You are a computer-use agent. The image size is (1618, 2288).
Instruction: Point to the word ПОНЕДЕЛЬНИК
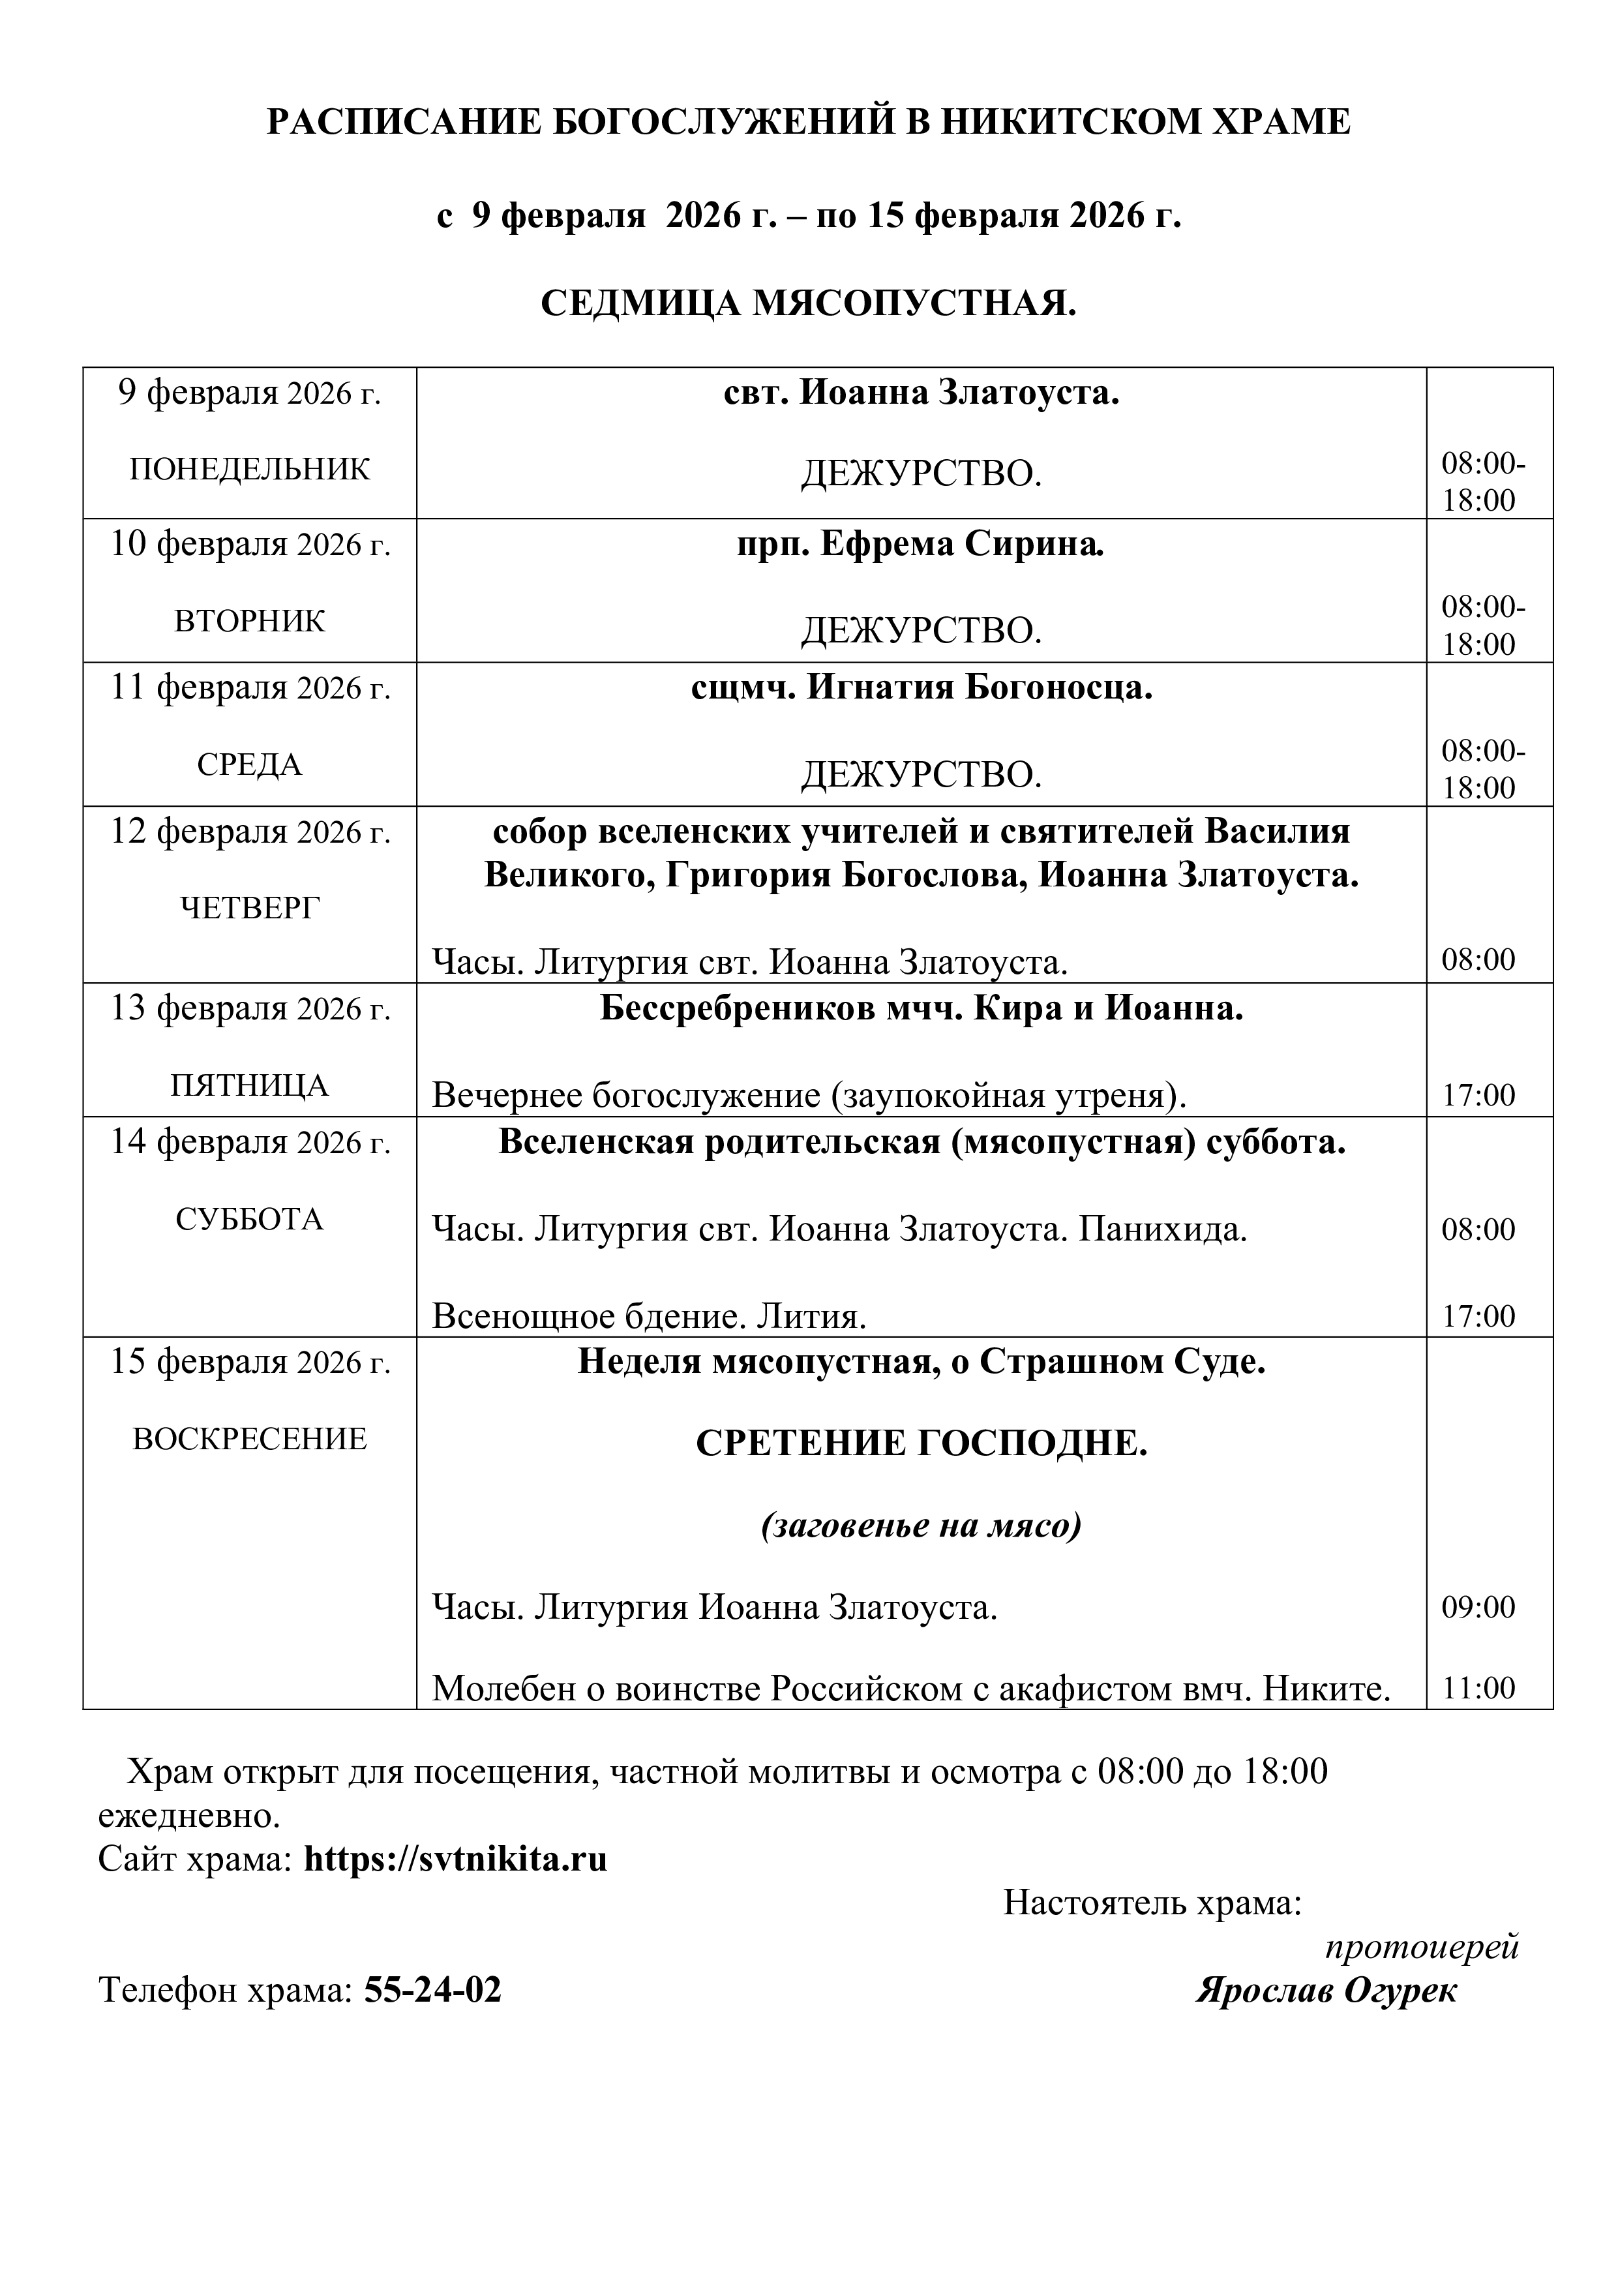(x=249, y=470)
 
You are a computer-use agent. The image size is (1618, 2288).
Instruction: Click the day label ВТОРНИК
(x=249, y=621)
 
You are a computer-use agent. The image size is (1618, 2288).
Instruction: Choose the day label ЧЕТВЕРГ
(x=249, y=908)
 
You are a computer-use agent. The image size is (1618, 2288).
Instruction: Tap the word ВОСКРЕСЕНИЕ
(x=249, y=1439)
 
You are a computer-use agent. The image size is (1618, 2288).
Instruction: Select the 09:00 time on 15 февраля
(x=1478, y=1607)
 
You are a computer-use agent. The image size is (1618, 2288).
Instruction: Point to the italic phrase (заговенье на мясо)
(x=921, y=1526)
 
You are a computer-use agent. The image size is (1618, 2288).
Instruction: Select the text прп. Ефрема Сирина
(x=921, y=544)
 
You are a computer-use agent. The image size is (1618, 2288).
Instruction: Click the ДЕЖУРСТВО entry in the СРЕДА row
(x=921, y=774)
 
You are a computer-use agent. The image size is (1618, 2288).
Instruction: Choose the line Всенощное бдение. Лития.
(x=649, y=1317)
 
